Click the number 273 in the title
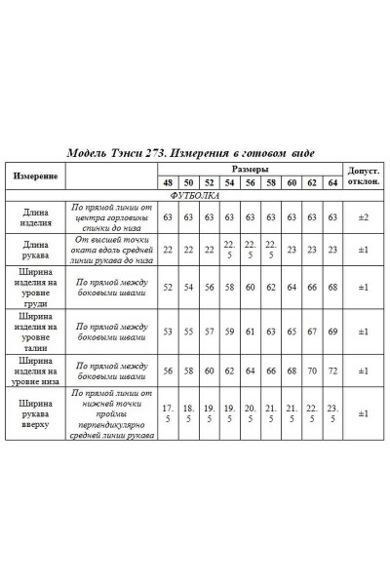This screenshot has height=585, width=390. (161, 153)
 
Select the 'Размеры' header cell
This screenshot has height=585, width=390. (251, 169)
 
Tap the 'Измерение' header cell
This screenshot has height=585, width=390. (35, 176)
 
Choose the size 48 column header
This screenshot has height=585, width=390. (168, 183)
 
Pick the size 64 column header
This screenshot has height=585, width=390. (333, 183)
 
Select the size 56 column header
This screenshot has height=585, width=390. (251, 183)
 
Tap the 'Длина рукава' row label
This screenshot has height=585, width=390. (35, 250)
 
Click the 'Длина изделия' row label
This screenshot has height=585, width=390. (35, 216)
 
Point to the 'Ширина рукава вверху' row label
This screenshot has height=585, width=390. (35, 413)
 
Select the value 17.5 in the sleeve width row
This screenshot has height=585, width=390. (168, 413)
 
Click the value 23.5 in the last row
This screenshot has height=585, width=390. (333, 413)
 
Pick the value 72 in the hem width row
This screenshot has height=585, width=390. (333, 371)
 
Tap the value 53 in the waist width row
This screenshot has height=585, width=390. (168, 331)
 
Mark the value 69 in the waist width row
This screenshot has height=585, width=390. (333, 331)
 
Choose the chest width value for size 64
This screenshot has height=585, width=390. (333, 288)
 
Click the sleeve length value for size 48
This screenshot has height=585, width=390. (168, 250)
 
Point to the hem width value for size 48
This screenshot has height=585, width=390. (168, 371)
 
